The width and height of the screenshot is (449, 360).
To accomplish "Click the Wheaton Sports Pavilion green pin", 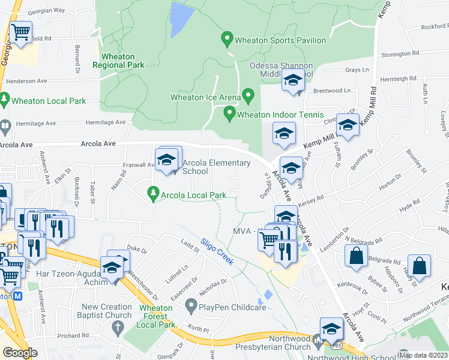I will (227, 40).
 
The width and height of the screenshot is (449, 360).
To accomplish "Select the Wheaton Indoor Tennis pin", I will (229, 113).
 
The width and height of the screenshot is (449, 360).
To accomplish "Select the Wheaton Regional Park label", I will (118, 61).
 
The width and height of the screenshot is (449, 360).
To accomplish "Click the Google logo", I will (20, 352).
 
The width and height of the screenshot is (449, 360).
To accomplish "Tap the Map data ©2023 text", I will (423, 355).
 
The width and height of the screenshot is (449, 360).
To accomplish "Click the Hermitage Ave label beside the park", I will (106, 122).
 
